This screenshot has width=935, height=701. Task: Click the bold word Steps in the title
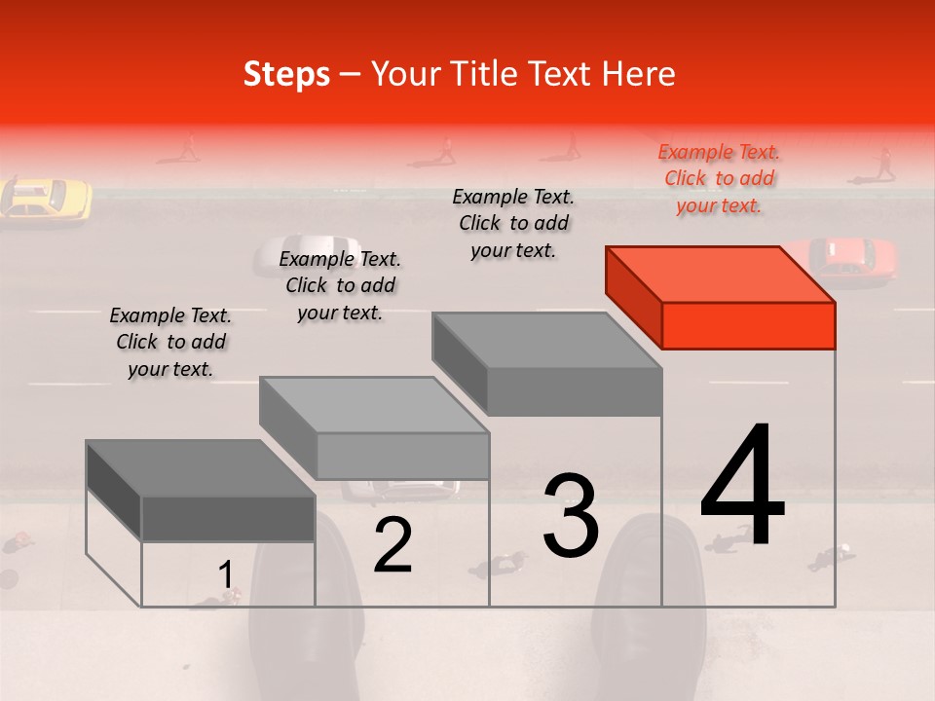click(286, 74)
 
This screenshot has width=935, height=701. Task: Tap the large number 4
click(742, 486)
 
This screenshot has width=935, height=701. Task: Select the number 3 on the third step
click(571, 515)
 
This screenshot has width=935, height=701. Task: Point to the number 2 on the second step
click(393, 544)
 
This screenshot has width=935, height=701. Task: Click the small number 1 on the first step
click(226, 575)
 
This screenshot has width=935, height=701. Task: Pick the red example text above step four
click(719, 178)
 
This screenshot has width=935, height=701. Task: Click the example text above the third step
click(513, 223)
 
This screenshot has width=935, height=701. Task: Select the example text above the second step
click(340, 285)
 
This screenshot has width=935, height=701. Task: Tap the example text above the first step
click(170, 342)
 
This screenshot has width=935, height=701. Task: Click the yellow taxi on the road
click(47, 198)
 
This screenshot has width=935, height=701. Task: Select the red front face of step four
click(748, 325)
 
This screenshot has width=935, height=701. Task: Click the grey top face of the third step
click(545, 341)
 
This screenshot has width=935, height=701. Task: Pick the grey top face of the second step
click(373, 405)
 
